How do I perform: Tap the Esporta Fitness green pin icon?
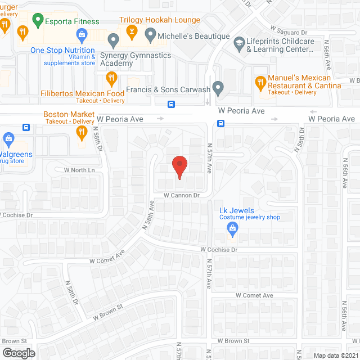38,21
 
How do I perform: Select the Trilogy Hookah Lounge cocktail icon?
132,31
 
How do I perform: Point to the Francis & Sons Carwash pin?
219,88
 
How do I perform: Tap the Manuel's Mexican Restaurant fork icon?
260,83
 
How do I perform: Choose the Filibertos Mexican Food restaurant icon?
112,79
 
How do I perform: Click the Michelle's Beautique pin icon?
150,36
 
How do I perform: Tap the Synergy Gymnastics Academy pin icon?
113,40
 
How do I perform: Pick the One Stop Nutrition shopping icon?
82,37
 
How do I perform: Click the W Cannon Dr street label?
182,195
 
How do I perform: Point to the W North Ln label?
79,170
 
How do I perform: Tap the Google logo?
18,353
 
